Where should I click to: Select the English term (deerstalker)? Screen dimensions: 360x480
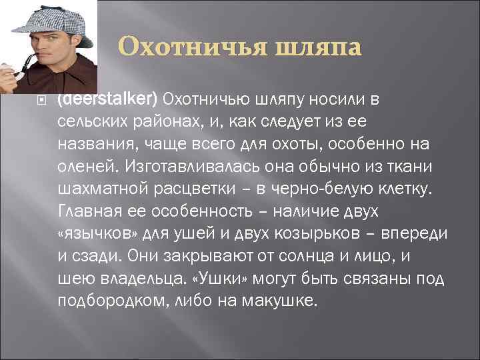(107, 99)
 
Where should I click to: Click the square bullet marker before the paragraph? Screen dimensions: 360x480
(42, 101)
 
